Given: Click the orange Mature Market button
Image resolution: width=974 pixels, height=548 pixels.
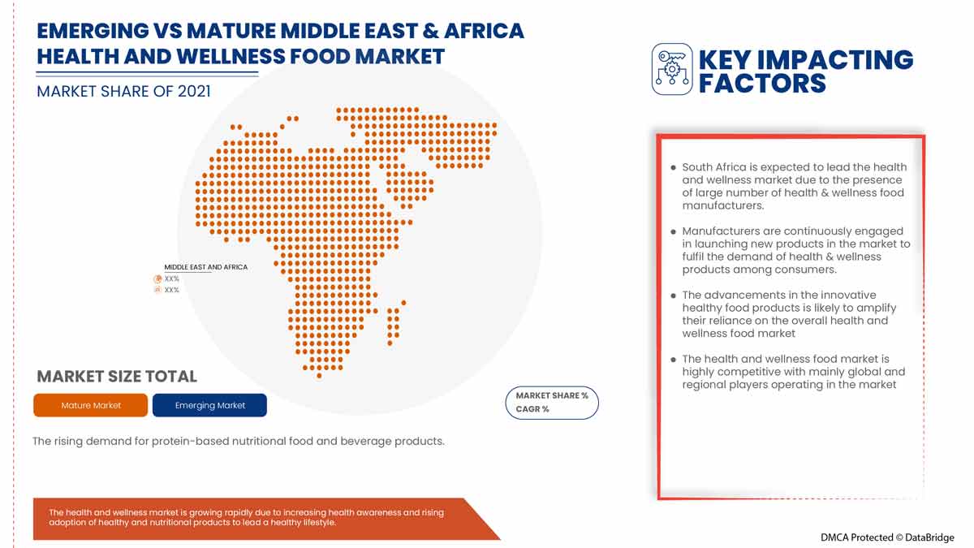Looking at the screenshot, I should coord(90,405).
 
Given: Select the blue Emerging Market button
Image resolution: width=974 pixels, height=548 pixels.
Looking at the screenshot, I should coord(209,405).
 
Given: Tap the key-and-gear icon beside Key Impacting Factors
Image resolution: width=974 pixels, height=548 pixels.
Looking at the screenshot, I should coord(672,69).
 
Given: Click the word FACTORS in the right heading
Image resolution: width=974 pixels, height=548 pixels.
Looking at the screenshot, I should coord(762,83).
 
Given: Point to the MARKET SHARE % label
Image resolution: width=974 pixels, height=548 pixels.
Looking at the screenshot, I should coord(552,396).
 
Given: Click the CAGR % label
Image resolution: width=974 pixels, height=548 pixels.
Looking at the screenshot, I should coord(532,409).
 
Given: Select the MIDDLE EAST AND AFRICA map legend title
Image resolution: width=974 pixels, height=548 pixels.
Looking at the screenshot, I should coord(205,267).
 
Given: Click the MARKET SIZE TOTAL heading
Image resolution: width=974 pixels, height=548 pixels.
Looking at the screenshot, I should coord(117,376).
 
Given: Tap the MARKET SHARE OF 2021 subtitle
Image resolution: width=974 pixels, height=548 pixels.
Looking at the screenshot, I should coord(123,91).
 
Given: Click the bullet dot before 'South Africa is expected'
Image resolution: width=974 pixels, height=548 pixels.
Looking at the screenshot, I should coord(673,167).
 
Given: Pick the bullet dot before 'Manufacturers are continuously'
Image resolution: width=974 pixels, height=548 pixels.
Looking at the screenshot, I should coord(673,231).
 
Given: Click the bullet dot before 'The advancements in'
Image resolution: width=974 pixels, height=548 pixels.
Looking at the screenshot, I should coord(673,296).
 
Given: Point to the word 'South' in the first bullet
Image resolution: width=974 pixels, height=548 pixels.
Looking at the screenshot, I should coord(699,167).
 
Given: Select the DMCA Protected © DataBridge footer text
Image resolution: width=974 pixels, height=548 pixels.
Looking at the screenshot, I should coord(887,537).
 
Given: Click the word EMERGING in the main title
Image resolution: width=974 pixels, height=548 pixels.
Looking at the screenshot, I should coord(93,31).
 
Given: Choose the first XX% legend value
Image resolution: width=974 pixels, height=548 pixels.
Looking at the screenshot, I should coord(171,278).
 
